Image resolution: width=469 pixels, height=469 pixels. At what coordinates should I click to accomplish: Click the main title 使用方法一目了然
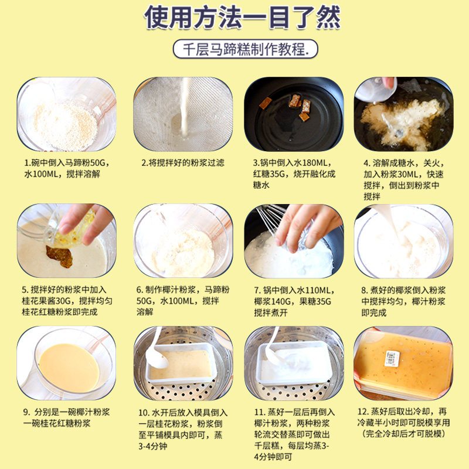click(242, 18)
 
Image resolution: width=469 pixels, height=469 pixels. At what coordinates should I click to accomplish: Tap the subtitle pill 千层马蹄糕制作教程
click(245, 49)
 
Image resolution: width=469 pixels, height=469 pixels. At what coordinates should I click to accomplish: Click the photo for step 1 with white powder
click(66, 114)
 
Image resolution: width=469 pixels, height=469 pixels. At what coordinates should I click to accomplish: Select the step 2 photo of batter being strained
click(183, 114)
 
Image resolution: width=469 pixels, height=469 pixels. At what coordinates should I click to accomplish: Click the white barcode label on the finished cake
click(392, 358)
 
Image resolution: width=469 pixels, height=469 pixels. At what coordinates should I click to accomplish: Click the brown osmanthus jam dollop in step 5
click(60, 256)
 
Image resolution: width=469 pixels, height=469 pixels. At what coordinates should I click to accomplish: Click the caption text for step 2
click(183, 163)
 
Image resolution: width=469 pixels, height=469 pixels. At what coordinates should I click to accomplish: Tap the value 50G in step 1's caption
click(98, 163)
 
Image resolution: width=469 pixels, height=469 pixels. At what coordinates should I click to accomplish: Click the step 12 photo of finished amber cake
click(403, 363)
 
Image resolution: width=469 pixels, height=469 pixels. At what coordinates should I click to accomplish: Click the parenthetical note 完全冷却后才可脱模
click(403, 433)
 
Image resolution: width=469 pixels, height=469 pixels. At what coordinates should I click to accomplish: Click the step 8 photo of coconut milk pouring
click(403, 241)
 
